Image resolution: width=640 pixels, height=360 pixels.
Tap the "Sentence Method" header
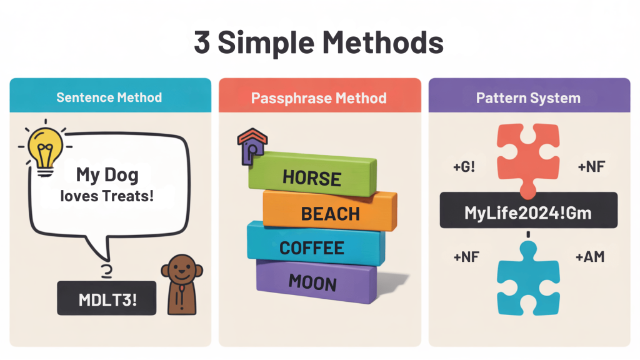109,97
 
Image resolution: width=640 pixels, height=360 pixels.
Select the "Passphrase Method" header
319,98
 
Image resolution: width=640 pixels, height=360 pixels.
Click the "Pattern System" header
528,98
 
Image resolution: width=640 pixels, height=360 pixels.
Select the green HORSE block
311,177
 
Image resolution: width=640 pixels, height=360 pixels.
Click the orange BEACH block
330,213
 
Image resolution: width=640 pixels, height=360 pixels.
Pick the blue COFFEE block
312,247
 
